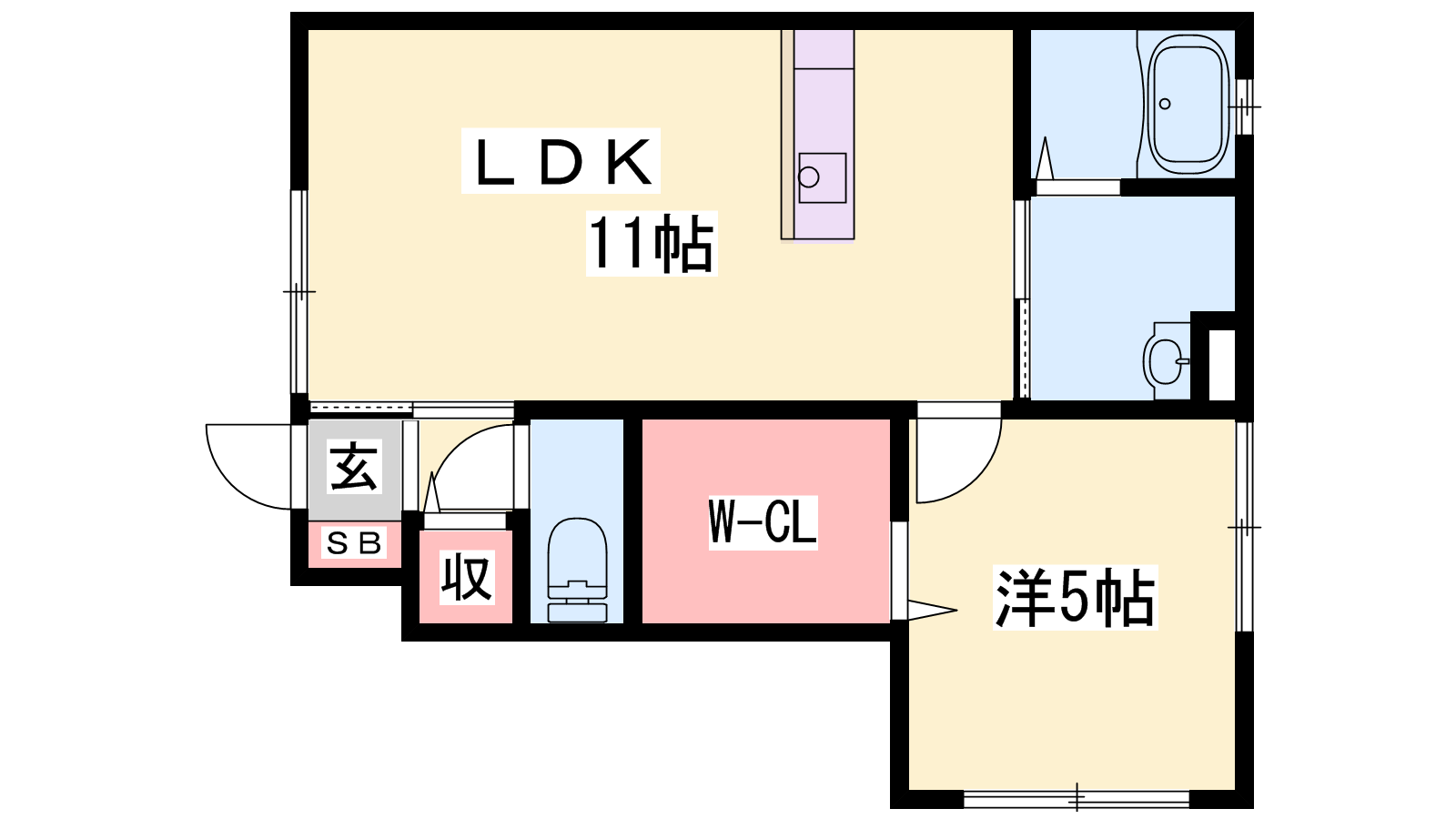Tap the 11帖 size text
(652, 243)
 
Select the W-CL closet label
(763, 522)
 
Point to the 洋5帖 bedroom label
(1075, 597)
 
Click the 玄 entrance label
(354, 466)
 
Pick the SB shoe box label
(354, 542)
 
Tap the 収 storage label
(466, 578)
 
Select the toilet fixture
(577, 570)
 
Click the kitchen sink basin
(823, 177)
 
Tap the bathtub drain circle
(1165, 104)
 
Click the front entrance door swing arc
(248, 467)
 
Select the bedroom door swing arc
(959, 460)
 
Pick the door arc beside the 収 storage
(472, 467)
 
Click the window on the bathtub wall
(1244, 106)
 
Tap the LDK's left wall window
(298, 291)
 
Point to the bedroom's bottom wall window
(1077, 799)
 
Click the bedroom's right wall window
(1244, 527)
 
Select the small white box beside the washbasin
(1222, 365)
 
